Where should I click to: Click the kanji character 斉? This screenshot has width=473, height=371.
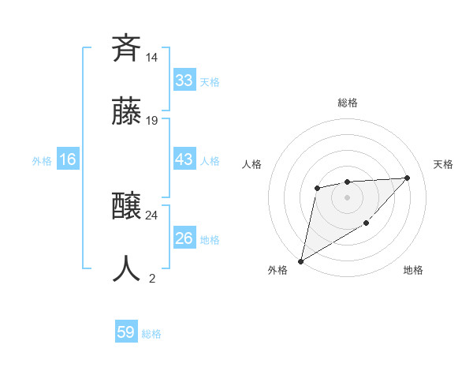[127, 48]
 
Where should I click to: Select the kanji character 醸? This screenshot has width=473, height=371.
[127, 206]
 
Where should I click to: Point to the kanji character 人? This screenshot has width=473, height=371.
[127, 268]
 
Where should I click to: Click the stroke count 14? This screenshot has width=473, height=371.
[152, 58]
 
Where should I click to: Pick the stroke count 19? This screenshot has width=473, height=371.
[152, 121]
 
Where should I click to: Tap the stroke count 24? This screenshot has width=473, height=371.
[152, 215]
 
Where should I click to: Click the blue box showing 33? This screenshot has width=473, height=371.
[184, 81]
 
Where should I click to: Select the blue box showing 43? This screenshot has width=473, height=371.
[184, 159]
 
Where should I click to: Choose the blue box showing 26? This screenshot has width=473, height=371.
[184, 238]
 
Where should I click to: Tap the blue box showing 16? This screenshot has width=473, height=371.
[68, 159]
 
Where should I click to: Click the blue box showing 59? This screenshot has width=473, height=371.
[126, 332]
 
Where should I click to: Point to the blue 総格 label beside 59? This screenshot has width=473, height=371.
[151, 334]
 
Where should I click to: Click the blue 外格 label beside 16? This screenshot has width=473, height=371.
[42, 161]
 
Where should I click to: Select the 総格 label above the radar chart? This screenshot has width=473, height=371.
[348, 103]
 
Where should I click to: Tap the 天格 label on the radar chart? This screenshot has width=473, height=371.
[443, 164]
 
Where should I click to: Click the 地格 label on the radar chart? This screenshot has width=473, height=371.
[413, 270]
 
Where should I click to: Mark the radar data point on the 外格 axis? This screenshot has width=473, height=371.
[300, 260]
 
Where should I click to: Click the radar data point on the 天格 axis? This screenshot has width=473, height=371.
[407, 178]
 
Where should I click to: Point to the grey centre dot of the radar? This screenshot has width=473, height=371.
[347, 197]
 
